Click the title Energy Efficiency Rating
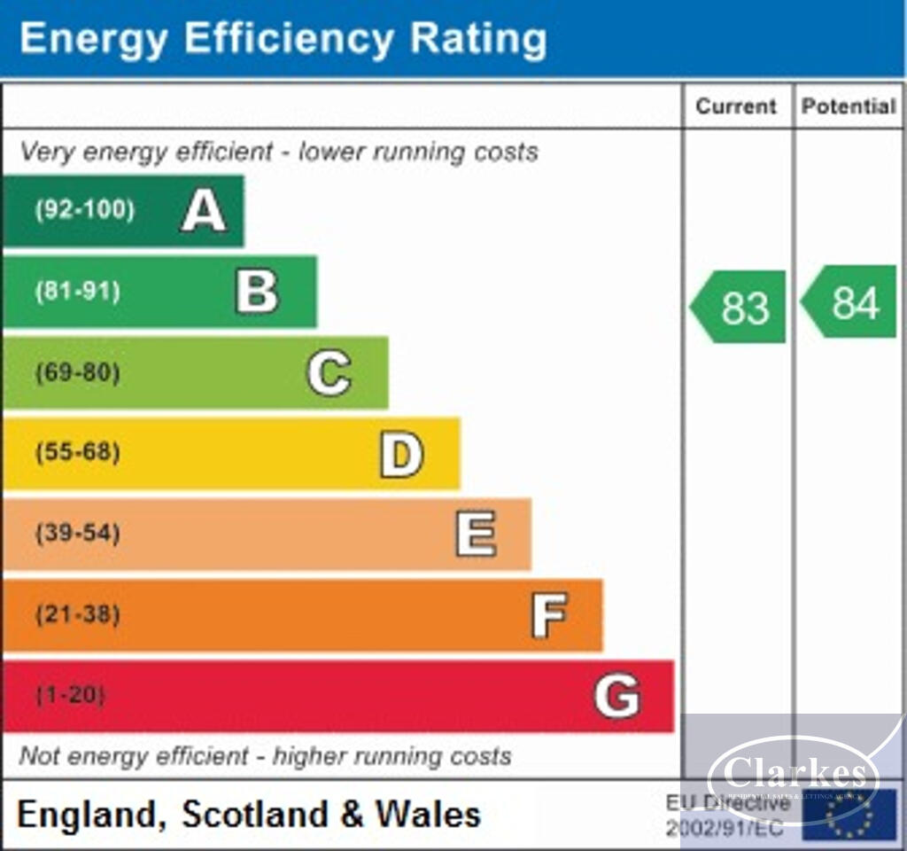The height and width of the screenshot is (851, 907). pos(283,39)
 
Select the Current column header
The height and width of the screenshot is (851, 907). pos(735,106)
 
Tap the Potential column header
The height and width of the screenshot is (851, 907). pos(849,106)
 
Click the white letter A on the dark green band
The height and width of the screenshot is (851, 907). pos(204,211)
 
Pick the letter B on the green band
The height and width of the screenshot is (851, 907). pos(257,292)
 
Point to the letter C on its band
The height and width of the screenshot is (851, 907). pos(329,372)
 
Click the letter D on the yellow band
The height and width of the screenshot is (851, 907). pos(401,454)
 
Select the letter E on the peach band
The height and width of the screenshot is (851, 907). pos(476,534)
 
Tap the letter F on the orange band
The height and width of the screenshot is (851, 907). pos(548,615)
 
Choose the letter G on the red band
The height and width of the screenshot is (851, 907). pos(616,696)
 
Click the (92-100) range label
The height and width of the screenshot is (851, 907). pos(85,211)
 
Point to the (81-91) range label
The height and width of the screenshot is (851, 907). pos(78,292)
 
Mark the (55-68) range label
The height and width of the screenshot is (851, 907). pos(78,453)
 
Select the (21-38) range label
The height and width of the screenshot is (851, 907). pos(78,614)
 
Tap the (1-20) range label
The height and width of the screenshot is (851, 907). pos(71,695)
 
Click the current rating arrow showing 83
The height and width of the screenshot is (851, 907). pos(740,307)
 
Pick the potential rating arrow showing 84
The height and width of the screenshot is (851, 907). pos(850,302)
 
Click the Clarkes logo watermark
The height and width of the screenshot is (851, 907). pos(794,776)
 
